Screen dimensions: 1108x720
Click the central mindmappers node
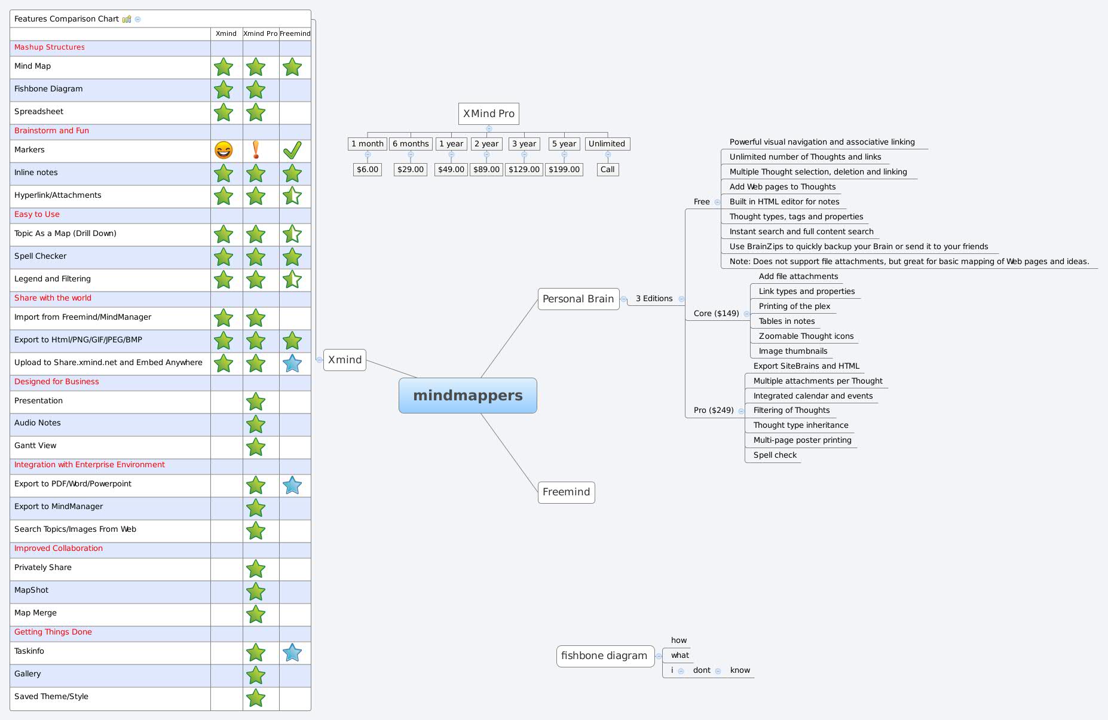coord(467,396)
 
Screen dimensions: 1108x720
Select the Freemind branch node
coord(566,492)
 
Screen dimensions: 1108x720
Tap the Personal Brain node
coord(579,299)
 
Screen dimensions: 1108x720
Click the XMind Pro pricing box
coord(489,114)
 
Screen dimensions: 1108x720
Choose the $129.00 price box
coord(524,170)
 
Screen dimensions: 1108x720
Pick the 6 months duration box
coord(411,144)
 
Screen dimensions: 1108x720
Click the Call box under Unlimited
coord(608,170)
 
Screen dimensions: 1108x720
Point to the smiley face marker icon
coord(224,150)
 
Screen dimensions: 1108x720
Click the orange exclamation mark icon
coord(256,149)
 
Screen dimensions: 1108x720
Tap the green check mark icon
coord(292,150)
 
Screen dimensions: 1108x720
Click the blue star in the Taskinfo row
coord(292,652)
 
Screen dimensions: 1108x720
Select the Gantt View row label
coord(35,446)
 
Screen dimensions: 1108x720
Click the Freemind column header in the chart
coord(295,33)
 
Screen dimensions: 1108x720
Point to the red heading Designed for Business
coord(57,382)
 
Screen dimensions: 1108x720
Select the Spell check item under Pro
coord(775,455)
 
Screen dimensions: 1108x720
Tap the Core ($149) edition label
coord(717,314)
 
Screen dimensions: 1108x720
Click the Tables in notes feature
coord(787,321)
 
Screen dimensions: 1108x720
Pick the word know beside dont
coord(740,670)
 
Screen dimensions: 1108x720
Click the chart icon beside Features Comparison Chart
coord(127,19)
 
